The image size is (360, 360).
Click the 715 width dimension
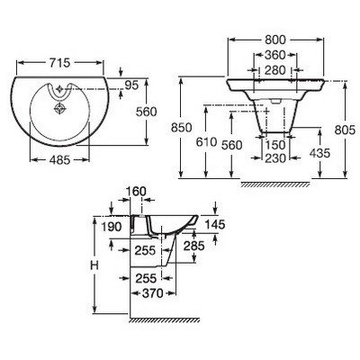coord(59,63)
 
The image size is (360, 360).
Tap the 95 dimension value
coord(131,85)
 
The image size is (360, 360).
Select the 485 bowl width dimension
coord(59,160)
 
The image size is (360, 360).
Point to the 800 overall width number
coord(275,40)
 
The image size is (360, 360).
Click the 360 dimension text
coord(275,55)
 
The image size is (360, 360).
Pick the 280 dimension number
coord(275,70)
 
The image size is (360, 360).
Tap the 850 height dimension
coord(181,128)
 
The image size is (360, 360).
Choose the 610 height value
coord(206,142)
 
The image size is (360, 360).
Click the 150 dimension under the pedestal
coord(275,145)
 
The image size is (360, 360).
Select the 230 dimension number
coord(275,158)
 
